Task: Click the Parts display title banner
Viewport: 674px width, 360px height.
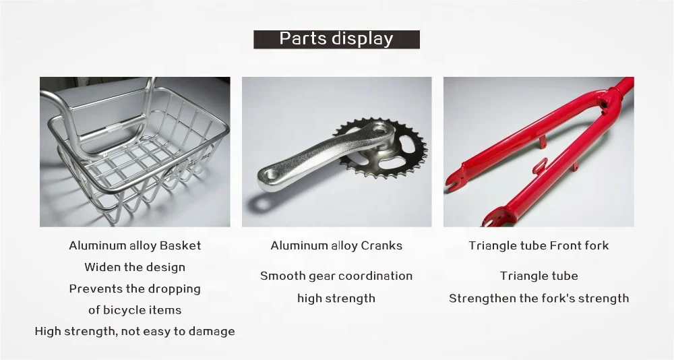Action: click(x=336, y=39)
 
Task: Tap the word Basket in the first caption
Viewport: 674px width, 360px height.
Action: click(x=180, y=245)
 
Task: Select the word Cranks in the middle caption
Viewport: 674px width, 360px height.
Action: click(x=381, y=245)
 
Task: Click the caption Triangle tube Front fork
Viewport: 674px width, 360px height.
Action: click(x=539, y=245)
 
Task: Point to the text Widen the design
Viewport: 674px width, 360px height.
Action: click(x=135, y=267)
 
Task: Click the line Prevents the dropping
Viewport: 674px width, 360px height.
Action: click(x=135, y=289)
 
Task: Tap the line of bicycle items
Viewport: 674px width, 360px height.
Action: click(x=135, y=310)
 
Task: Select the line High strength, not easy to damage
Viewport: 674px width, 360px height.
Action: click(x=135, y=331)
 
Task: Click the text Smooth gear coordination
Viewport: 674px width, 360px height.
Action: click(x=336, y=276)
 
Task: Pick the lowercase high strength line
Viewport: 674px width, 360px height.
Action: click(x=336, y=298)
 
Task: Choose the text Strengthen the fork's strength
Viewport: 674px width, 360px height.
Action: click(x=539, y=298)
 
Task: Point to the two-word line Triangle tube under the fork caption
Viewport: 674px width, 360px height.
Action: click(x=539, y=276)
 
